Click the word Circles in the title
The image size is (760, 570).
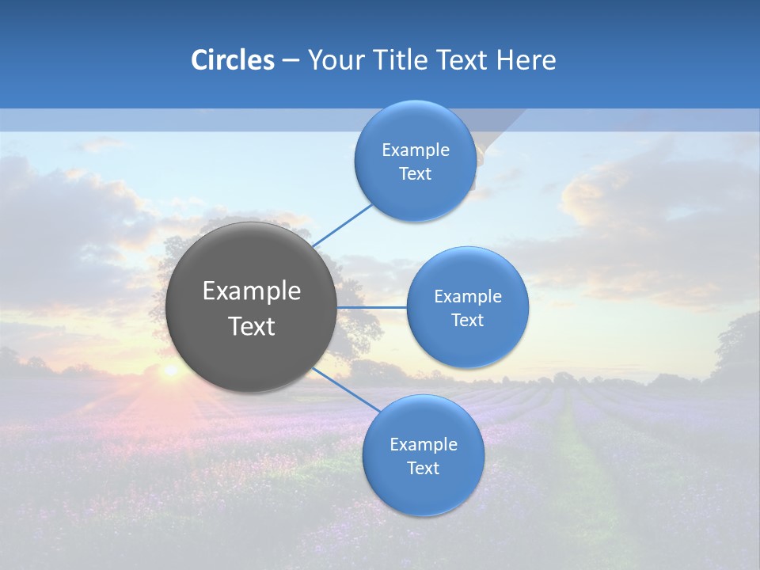[x=232, y=60]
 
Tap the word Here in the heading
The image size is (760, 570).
[x=526, y=60]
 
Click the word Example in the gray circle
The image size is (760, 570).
[x=252, y=291]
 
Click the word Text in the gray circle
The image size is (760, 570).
[x=252, y=326]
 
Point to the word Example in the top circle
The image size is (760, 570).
[x=415, y=150]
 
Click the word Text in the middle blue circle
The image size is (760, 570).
[x=467, y=321]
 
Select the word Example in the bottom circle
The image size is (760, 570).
[x=423, y=445]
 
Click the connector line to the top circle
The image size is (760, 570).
[x=342, y=226]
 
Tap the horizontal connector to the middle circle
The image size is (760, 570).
[x=371, y=307]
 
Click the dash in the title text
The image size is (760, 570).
[x=291, y=61]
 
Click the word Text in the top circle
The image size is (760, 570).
[x=415, y=174]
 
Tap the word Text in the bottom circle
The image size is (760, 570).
[x=423, y=469]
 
